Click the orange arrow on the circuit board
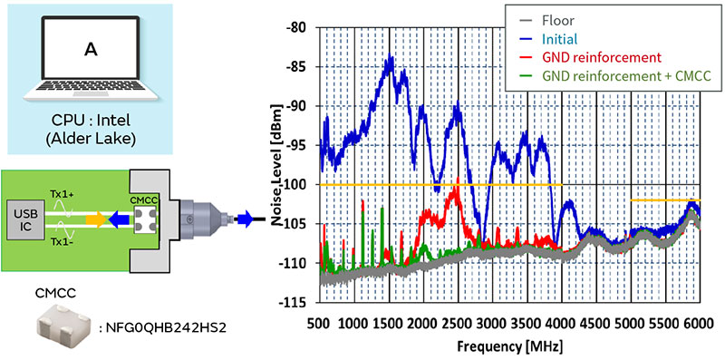[96, 219]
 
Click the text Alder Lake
[90, 141]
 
